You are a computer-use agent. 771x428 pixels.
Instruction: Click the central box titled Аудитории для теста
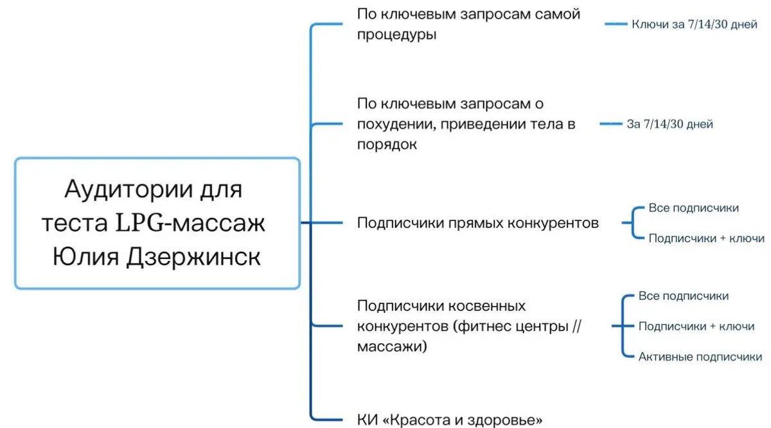[x=157, y=222]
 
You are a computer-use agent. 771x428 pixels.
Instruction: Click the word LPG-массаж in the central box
[x=190, y=224]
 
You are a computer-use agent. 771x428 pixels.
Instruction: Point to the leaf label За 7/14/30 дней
[x=669, y=124]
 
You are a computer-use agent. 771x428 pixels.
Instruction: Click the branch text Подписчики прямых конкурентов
[x=477, y=223]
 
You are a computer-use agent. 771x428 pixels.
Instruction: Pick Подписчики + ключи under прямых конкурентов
[x=706, y=238]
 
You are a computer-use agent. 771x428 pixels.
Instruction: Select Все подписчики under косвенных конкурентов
[x=683, y=296]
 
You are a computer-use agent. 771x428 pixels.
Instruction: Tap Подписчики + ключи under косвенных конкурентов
[x=696, y=326]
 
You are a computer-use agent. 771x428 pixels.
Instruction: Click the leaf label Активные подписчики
[x=700, y=357]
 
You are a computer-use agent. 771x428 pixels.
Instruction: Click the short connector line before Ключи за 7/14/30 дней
[x=616, y=24]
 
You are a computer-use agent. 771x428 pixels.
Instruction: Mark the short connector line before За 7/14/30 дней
[x=610, y=124]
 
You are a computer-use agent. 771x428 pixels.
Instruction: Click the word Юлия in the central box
[x=83, y=257]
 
